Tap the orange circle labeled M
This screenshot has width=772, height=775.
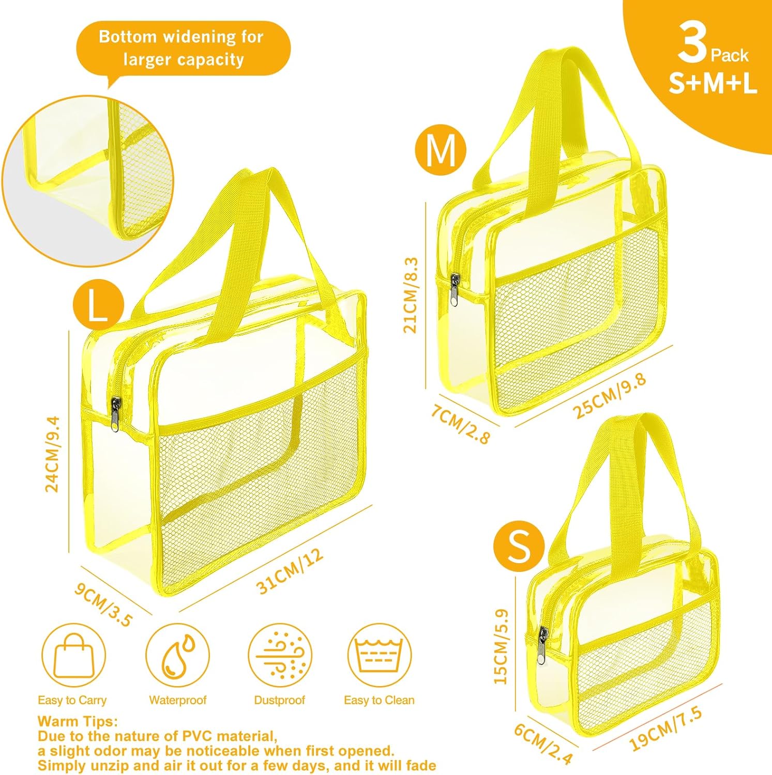[441, 150]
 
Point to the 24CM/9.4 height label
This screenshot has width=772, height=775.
[53, 454]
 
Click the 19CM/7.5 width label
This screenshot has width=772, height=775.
[666, 729]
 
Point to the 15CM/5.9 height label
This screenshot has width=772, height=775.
[501, 646]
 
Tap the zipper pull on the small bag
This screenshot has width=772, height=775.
[543, 646]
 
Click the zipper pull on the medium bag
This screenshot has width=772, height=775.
[454, 290]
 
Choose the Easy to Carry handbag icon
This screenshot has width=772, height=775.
[73, 656]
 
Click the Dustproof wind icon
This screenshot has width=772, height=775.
[280, 656]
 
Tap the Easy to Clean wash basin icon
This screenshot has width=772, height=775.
[379, 656]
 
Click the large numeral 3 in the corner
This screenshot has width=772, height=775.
[692, 44]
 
